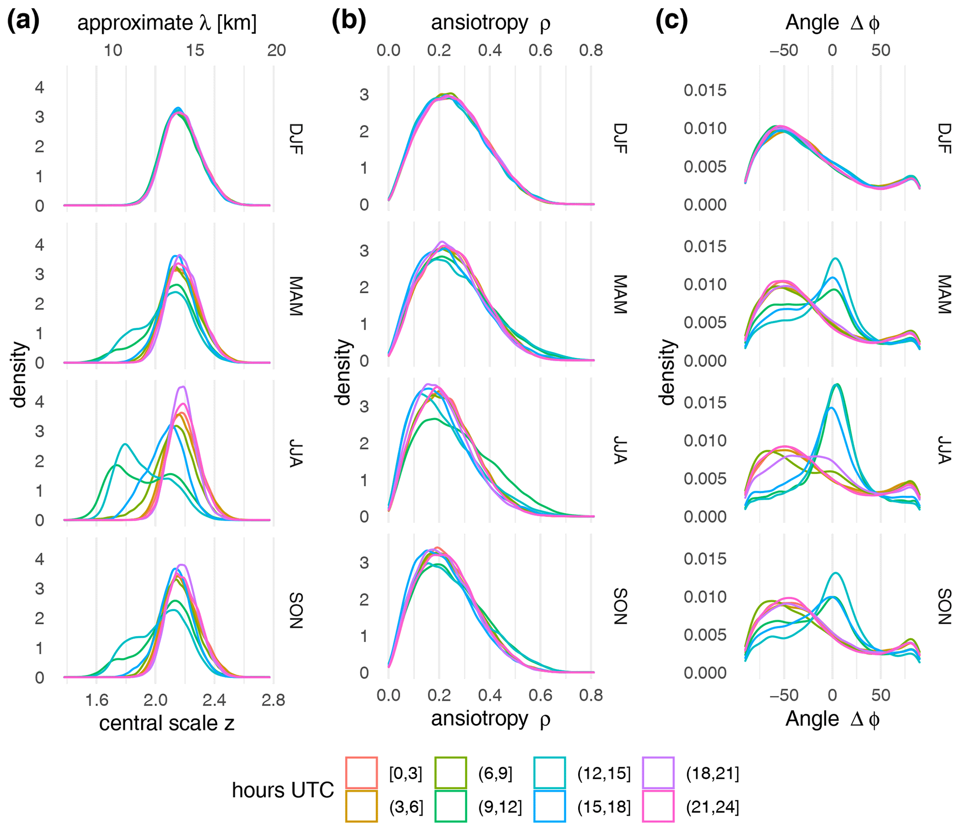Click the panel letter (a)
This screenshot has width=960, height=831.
coord(23,21)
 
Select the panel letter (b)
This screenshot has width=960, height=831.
coord(348,21)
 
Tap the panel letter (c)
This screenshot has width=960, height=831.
coord(671,21)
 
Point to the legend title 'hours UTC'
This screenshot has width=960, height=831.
coord(282,790)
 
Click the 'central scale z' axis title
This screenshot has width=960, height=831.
coord(166,723)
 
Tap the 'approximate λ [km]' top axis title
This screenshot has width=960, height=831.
coord(166,22)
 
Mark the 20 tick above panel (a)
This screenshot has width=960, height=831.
coord(276,50)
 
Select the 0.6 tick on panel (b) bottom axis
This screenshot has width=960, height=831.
coord(540,695)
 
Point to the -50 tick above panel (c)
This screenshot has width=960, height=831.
coord(784,50)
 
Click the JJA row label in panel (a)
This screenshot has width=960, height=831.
coord(296,453)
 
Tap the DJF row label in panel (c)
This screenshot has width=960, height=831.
coord(945,138)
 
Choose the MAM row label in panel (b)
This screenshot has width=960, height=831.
coord(620,295)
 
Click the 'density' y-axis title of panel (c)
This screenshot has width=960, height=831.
coord(667,372)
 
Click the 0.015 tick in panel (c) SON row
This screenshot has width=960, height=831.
coord(705,559)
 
